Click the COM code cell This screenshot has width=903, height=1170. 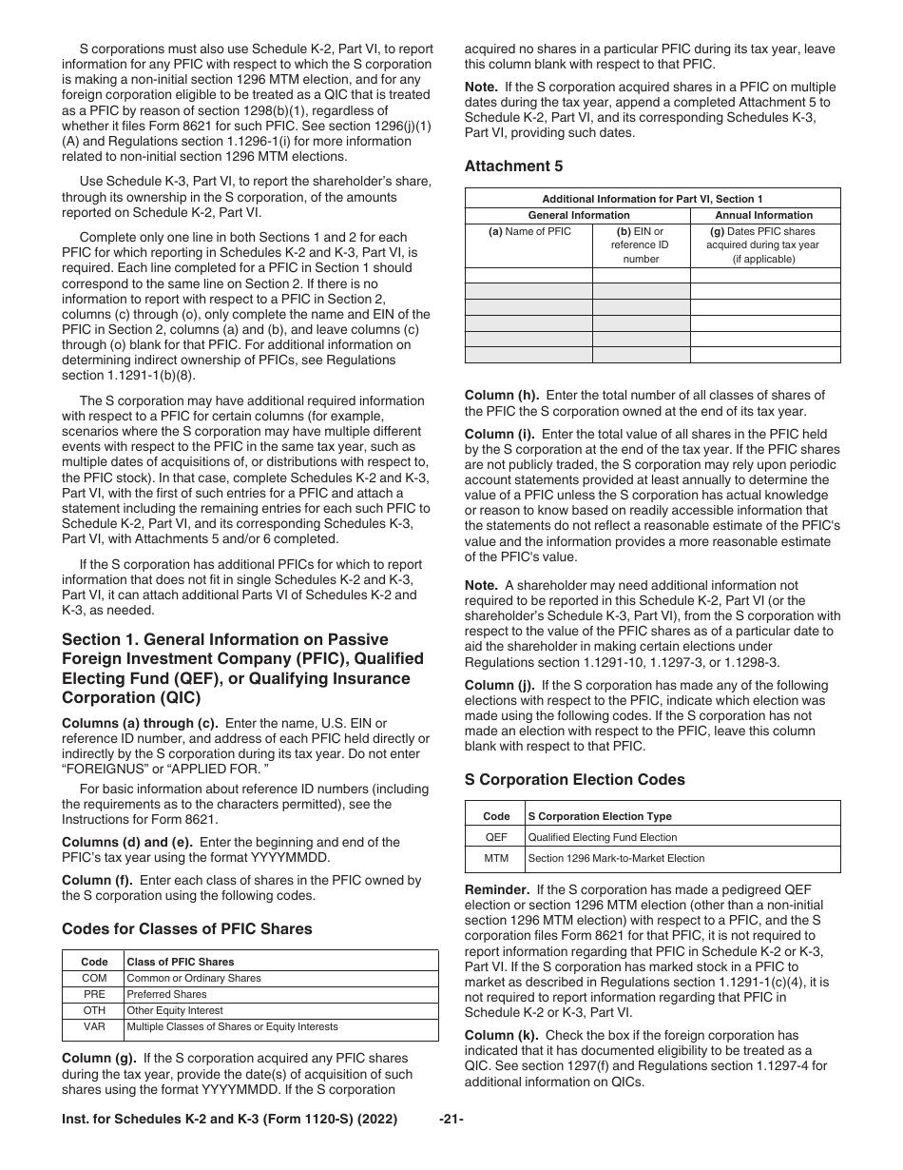tap(94, 978)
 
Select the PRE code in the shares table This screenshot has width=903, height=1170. tap(94, 994)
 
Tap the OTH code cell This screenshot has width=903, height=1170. tap(94, 1010)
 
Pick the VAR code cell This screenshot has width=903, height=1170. tap(94, 1026)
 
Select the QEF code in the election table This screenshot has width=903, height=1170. tap(496, 837)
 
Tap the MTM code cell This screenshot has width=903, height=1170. tap(496, 858)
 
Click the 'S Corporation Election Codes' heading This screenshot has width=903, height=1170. tap(574, 779)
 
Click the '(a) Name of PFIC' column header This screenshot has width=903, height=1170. tap(529, 231)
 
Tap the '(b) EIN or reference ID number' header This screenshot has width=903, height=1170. tap(641, 244)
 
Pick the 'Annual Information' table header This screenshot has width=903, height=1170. tap(764, 215)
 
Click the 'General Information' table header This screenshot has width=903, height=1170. tap(578, 215)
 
